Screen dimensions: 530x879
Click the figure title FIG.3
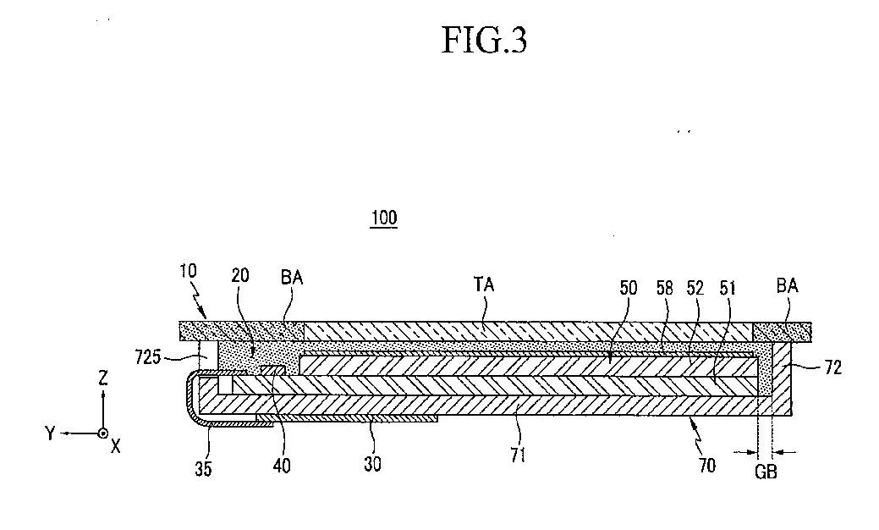click(485, 40)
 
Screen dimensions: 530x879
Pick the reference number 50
click(629, 288)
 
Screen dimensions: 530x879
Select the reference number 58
click(665, 288)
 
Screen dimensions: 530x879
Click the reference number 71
click(518, 455)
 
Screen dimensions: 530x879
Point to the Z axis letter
click(102, 380)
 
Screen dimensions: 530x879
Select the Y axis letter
click(52, 433)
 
